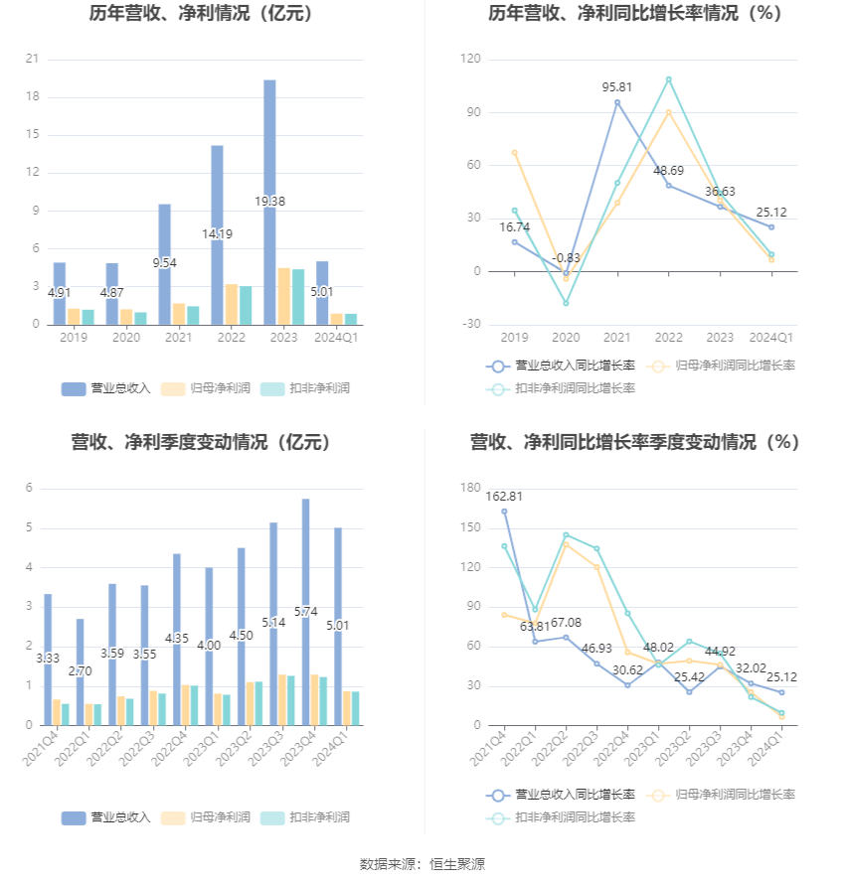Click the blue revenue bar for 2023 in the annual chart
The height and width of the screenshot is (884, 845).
click(269, 203)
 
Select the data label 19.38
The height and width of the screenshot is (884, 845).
click(269, 202)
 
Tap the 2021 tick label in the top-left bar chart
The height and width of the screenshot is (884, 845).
click(178, 337)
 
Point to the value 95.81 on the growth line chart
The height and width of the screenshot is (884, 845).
click(617, 87)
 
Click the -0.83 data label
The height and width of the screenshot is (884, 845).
click(566, 258)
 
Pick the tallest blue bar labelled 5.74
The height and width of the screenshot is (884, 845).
click(306, 612)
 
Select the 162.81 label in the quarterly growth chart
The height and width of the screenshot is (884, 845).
click(504, 497)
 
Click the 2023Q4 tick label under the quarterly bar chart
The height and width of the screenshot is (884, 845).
click(299, 747)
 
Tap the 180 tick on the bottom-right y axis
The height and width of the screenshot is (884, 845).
click(470, 488)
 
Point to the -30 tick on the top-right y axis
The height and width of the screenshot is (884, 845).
click(471, 324)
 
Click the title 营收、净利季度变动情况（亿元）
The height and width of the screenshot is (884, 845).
click(202, 442)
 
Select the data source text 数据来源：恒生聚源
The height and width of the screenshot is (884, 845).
click(422, 864)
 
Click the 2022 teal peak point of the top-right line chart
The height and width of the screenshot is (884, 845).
click(668, 79)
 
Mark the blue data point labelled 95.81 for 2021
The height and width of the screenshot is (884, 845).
click(617, 102)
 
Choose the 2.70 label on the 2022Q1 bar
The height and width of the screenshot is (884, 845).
click(81, 671)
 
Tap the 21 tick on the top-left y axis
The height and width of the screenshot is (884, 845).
click(32, 59)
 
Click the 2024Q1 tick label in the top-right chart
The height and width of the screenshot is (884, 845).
click(771, 337)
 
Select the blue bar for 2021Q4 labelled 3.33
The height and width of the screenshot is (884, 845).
click(48, 660)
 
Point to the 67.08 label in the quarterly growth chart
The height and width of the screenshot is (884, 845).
click(566, 623)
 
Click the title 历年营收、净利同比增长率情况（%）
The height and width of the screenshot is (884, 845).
click(634, 13)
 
